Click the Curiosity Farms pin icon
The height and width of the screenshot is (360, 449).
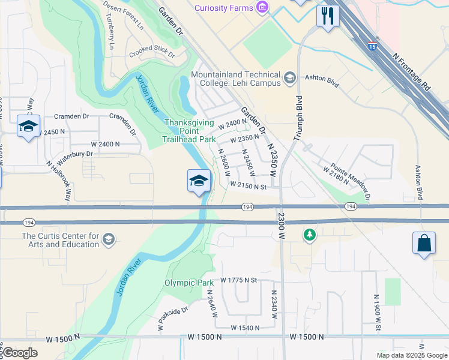(x=261, y=7)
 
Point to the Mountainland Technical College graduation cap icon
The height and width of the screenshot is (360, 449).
(x=290, y=77)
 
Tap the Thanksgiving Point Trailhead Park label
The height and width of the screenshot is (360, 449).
(x=189, y=131)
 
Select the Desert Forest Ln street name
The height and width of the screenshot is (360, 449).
(x=124, y=16)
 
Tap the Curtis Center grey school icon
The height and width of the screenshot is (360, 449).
(x=108, y=240)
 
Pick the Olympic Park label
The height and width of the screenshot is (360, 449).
(x=188, y=283)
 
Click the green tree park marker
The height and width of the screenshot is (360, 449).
(x=310, y=235)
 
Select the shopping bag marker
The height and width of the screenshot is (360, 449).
(x=424, y=244)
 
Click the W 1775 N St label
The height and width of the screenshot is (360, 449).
(x=238, y=280)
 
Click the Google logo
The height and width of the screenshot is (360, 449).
(x=19, y=353)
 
